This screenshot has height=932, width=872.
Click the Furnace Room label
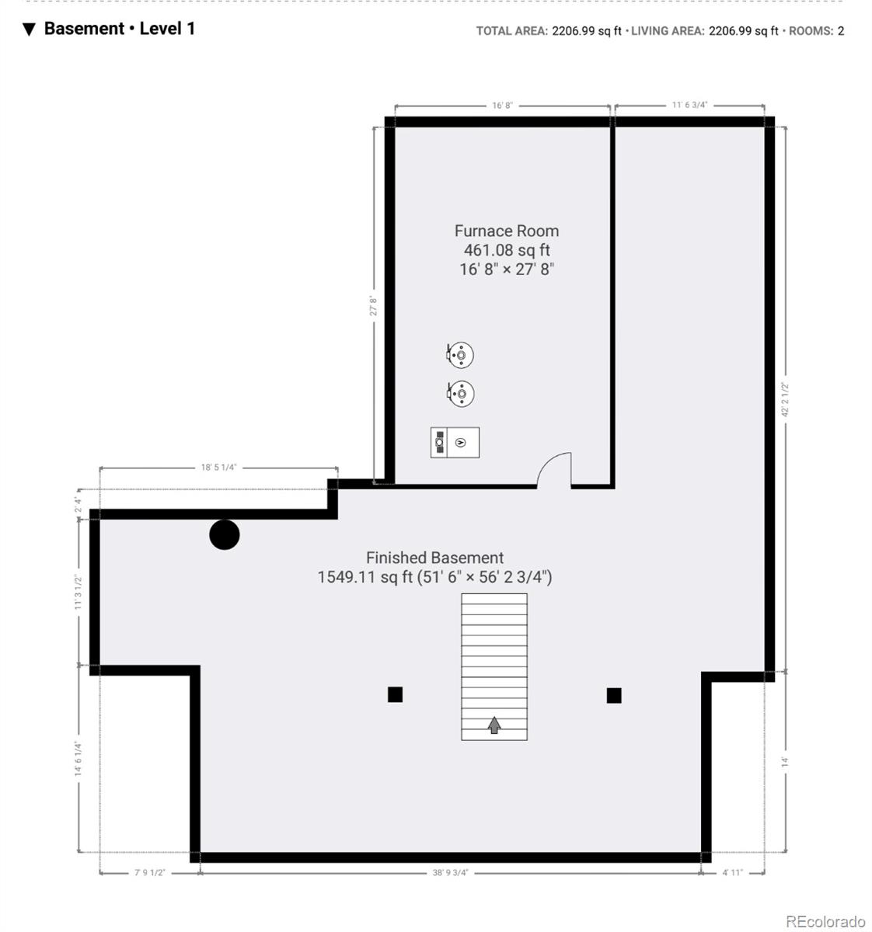[x=506, y=231]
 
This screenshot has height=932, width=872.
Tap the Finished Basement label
[x=434, y=558]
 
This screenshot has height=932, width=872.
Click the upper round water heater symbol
[x=459, y=355]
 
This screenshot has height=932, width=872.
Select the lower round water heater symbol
[x=460, y=394]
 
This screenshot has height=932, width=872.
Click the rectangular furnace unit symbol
[x=455, y=443]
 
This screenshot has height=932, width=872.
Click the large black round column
[x=224, y=534]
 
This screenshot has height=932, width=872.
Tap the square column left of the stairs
[x=395, y=694]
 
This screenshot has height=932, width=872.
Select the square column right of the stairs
[x=614, y=695]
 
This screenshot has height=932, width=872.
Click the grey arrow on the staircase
[x=494, y=725]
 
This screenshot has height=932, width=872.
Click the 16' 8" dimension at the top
[x=502, y=106]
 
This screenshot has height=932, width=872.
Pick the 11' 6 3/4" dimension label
[x=689, y=105]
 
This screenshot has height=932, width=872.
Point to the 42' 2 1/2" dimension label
[x=785, y=399]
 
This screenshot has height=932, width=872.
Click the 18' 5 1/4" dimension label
[x=218, y=468]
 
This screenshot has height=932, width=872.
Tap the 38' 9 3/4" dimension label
[x=450, y=873]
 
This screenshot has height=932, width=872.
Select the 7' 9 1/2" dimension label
[x=149, y=873]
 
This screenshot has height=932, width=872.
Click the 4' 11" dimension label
[x=732, y=873]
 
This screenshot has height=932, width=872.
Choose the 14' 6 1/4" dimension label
[x=78, y=759]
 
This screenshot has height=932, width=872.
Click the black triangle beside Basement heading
[x=29, y=30]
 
